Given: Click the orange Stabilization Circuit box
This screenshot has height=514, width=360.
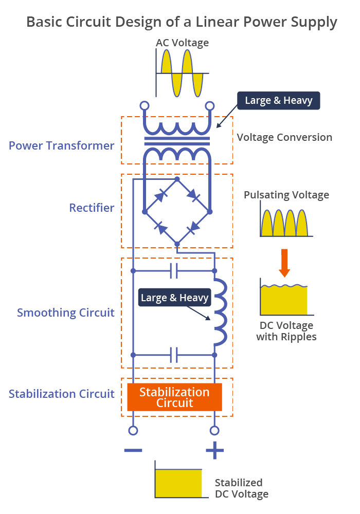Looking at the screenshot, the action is (174, 397).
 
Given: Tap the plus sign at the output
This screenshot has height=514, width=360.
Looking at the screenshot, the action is (215, 450).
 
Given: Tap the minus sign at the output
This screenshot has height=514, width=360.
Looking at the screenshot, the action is (133, 450).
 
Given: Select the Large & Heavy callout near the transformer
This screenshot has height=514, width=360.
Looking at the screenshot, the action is (279, 100).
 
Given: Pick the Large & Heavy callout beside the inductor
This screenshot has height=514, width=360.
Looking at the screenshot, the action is (174, 297).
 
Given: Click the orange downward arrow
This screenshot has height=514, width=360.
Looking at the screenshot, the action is (284, 263).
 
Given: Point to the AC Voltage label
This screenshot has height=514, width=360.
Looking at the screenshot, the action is (182, 43).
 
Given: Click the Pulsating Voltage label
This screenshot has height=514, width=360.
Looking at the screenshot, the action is (286, 195).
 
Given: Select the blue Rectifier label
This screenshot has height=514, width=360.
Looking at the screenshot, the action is (92, 208).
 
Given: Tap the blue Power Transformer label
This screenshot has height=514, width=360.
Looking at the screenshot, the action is (61, 145).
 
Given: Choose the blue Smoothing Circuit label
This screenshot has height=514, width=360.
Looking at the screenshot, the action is (66, 313).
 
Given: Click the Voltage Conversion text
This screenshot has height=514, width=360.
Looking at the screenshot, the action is (284, 137).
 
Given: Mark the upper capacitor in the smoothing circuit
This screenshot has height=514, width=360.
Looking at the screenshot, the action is (174, 271).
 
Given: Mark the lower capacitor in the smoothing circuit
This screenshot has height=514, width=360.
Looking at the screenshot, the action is (174, 355).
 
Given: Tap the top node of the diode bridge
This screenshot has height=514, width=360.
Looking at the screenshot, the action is (177, 179).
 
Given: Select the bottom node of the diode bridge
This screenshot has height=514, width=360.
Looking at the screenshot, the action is (177, 244).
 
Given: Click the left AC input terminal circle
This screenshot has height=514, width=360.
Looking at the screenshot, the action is (145, 106).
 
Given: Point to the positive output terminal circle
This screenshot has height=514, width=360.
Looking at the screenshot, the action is (214, 430).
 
